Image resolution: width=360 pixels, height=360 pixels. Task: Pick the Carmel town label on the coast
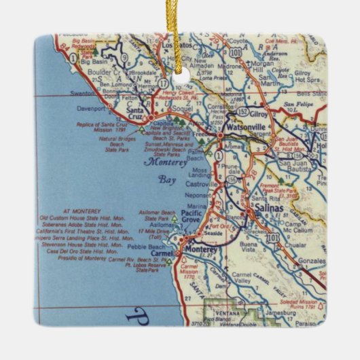[x=162, y=254]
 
